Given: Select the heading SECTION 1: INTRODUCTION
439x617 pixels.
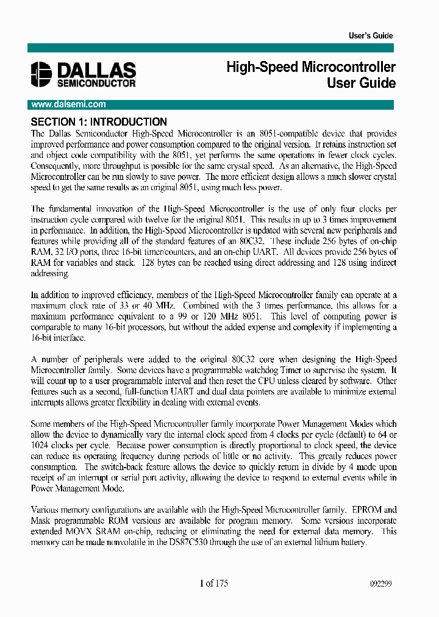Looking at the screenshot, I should (x=98, y=122).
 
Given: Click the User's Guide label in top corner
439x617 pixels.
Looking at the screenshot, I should (x=370, y=36).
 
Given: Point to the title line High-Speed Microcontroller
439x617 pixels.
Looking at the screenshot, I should (x=311, y=67).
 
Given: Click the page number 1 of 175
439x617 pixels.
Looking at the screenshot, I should (x=213, y=583).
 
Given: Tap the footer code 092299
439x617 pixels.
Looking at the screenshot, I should (x=380, y=584).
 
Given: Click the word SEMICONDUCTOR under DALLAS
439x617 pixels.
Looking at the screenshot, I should (x=96, y=82).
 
